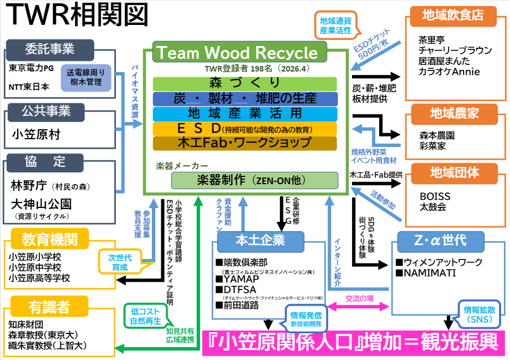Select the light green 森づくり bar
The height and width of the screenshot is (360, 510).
pyautogui.click(x=244, y=83)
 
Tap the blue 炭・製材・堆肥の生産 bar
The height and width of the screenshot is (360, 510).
pyautogui.click(x=244, y=99)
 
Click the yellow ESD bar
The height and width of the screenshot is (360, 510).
pyautogui.click(x=244, y=129)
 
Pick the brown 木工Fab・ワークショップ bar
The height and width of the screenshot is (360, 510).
pyautogui.click(x=244, y=143)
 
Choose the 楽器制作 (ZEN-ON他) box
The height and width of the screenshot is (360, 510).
pyautogui.click(x=254, y=180)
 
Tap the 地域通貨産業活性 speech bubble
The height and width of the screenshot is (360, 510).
pyautogui.click(x=335, y=26)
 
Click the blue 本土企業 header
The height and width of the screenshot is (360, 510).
pyautogui.click(x=261, y=240)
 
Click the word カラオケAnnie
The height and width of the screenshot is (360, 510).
pyautogui.click(x=450, y=72)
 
